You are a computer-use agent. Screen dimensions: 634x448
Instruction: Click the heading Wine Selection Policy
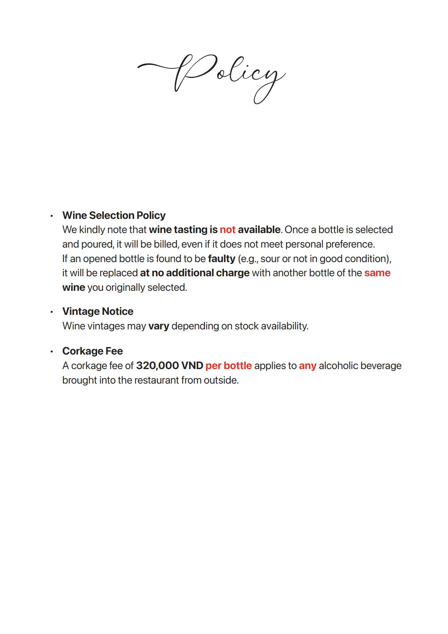pos(114,215)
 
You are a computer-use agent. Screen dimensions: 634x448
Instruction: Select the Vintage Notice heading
pos(98,311)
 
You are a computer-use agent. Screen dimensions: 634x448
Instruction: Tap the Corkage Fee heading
pos(93,351)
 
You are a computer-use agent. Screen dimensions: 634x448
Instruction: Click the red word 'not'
pos(228,230)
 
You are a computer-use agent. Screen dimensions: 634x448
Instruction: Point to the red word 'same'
pos(377,273)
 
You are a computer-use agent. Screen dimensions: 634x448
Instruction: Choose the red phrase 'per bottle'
pos(229,366)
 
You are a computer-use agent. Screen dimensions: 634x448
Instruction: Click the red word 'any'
pos(307,366)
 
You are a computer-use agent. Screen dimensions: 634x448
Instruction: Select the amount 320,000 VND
pos(169,366)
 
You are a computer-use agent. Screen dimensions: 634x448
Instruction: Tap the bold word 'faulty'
pos(222,259)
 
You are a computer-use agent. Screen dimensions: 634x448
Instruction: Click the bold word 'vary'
pos(158,326)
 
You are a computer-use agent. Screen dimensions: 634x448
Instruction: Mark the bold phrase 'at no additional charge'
pos(195,273)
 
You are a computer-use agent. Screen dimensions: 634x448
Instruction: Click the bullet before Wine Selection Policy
pos(52,216)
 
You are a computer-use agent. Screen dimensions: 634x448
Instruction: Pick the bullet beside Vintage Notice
pos(52,312)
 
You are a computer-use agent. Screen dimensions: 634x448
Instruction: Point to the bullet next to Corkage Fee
pos(52,352)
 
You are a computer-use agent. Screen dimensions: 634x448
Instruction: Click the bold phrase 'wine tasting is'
pos(183,230)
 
